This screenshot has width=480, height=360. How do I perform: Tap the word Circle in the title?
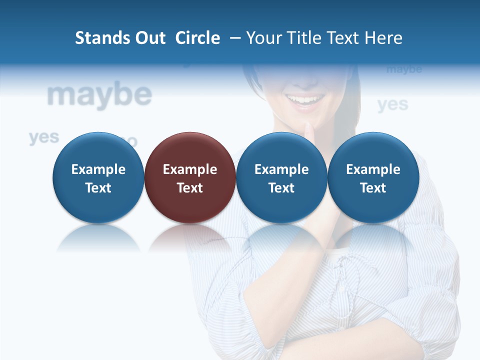click(197, 38)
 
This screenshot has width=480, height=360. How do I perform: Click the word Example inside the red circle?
click(190, 169)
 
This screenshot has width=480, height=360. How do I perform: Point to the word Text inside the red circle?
click(190, 188)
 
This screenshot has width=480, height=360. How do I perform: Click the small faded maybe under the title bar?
click(404, 69)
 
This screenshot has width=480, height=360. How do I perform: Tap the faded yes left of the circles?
click(44, 137)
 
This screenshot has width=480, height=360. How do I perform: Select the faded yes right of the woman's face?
click(392, 104)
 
